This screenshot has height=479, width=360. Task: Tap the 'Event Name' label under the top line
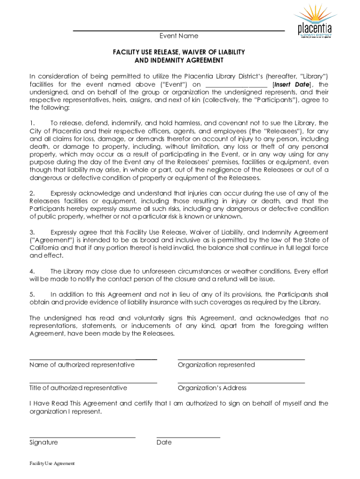pos(179,36)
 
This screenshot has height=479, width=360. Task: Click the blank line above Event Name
pos(179,31)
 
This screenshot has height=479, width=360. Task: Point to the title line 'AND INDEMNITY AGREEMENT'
pos(179,60)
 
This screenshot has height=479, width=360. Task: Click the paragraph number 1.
pos(32,123)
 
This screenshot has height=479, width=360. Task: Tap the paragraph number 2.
pos(32,193)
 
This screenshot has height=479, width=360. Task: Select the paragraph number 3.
pos(32,232)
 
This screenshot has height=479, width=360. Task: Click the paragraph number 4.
pos(32,271)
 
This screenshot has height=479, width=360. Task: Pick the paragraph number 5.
pos(32,294)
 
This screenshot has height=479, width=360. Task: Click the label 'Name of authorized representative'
pos(82,364)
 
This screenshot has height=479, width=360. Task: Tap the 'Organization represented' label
pos(216,364)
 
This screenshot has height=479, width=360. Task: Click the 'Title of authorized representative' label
pos(78,388)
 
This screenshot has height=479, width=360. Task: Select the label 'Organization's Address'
pos(212,388)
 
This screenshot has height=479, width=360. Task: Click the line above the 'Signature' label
pos(82,437)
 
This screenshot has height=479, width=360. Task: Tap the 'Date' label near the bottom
pos(164,442)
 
